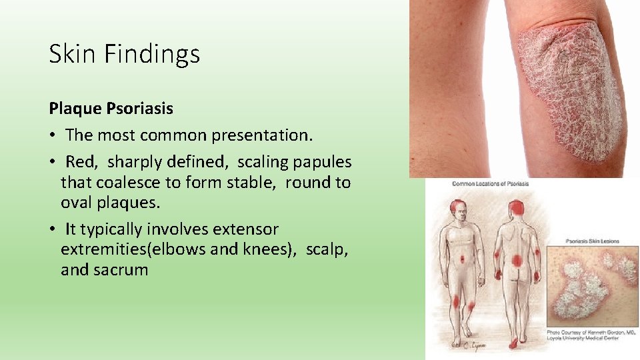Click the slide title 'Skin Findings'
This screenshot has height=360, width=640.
[x=124, y=54]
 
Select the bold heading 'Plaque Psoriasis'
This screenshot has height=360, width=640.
[x=111, y=108]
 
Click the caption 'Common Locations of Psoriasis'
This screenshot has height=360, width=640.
[x=490, y=184]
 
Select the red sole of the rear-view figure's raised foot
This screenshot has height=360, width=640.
[x=514, y=343]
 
